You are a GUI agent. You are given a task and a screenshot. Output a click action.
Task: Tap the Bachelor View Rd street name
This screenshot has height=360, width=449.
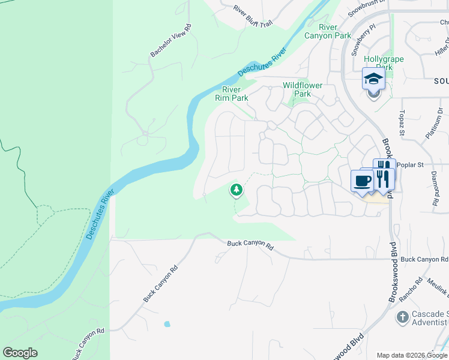point(170,41)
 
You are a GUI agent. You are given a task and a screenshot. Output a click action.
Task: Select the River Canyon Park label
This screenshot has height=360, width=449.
point(335,31)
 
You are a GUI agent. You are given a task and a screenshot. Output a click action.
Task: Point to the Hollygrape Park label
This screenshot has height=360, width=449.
point(384,64)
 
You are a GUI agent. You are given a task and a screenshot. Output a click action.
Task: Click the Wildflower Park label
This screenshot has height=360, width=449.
point(303,89)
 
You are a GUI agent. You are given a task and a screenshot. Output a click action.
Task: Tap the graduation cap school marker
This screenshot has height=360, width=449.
point(373,79)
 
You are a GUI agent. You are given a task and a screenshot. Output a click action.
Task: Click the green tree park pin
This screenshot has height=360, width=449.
point(237,190)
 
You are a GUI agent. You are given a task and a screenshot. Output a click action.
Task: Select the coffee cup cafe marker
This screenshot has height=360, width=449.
point(362,181)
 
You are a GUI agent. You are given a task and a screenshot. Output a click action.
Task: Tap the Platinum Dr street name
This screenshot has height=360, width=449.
point(434,124)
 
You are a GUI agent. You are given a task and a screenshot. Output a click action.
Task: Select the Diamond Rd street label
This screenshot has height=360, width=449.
point(435,191)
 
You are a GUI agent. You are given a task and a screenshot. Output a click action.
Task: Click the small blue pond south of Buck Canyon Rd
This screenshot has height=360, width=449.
point(166,324)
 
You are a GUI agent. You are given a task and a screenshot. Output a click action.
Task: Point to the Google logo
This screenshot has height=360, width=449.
point(20,353)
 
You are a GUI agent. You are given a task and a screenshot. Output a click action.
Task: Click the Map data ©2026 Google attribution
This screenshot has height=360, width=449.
point(411,355)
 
